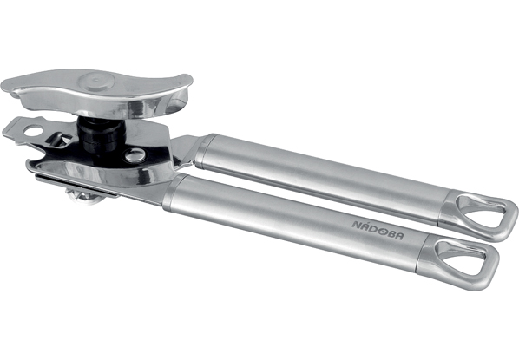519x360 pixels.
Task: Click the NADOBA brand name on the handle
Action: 378,230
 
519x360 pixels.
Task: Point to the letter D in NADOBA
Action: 373,229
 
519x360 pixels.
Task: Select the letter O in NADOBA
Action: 382,231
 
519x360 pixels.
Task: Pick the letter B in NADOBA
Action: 391,233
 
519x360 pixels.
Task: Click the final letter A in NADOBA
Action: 399,235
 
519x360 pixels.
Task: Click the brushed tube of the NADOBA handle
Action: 298,223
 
